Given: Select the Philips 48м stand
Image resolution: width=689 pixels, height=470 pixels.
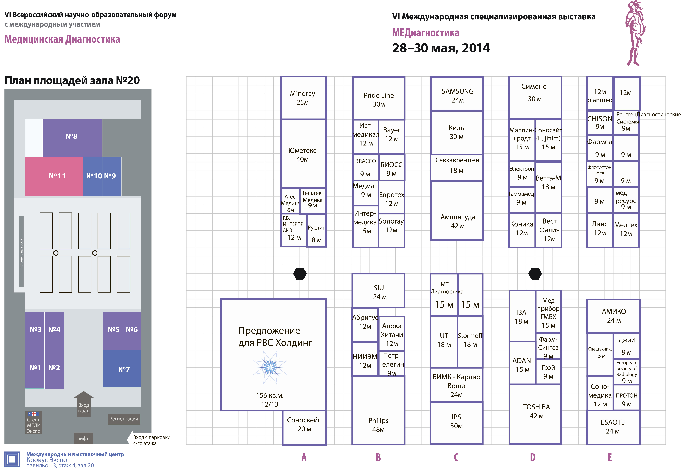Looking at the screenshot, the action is [378, 410].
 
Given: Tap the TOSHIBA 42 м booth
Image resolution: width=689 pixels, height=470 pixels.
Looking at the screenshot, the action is [535, 414].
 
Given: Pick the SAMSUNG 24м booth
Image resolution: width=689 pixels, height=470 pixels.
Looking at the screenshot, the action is [457, 93].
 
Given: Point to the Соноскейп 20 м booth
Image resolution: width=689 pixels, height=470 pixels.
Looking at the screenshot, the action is [304, 428].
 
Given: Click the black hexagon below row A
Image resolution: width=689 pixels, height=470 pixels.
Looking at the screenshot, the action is [300, 273].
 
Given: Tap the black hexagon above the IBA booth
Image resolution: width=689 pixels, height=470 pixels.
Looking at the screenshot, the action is [535, 273].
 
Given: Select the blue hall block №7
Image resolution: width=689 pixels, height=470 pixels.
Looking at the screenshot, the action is [122, 369].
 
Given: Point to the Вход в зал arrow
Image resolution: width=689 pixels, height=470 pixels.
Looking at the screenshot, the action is [84, 404].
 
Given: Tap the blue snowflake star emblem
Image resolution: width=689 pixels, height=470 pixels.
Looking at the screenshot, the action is [270, 367].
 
